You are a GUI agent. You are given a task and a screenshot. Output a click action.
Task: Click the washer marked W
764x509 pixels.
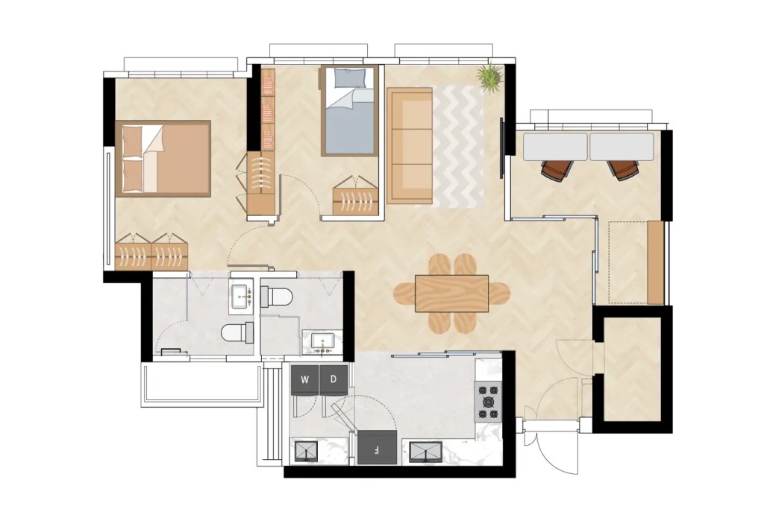tap(304, 379)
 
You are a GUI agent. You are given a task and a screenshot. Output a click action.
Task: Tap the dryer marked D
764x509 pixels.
tap(334, 379)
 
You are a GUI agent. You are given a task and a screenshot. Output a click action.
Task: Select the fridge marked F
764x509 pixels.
tap(378, 449)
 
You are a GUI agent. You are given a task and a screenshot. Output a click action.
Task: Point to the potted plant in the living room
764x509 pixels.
tap(490, 77)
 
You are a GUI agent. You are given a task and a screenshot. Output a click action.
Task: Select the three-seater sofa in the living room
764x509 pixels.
tap(410, 145)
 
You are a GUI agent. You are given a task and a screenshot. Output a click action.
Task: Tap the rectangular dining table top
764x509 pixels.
tap(451, 293)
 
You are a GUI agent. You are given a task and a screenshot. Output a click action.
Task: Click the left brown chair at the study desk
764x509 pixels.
tap(556, 170)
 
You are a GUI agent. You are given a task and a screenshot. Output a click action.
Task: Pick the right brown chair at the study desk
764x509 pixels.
tap(623, 170)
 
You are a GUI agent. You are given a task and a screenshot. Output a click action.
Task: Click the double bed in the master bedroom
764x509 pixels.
tap(164, 158)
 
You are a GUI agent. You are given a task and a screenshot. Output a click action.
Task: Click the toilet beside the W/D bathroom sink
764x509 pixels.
tap(277, 296)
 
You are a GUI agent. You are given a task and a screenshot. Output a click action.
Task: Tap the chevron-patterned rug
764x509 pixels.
tap(459, 146)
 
